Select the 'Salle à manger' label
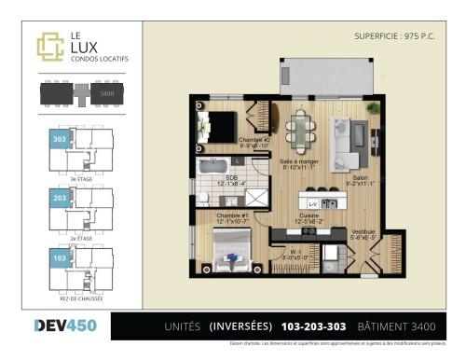[x=300, y=163]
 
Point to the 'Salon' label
[x=362, y=179]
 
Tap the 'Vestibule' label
[x=362, y=233]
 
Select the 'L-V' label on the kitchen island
[x=313, y=202]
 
